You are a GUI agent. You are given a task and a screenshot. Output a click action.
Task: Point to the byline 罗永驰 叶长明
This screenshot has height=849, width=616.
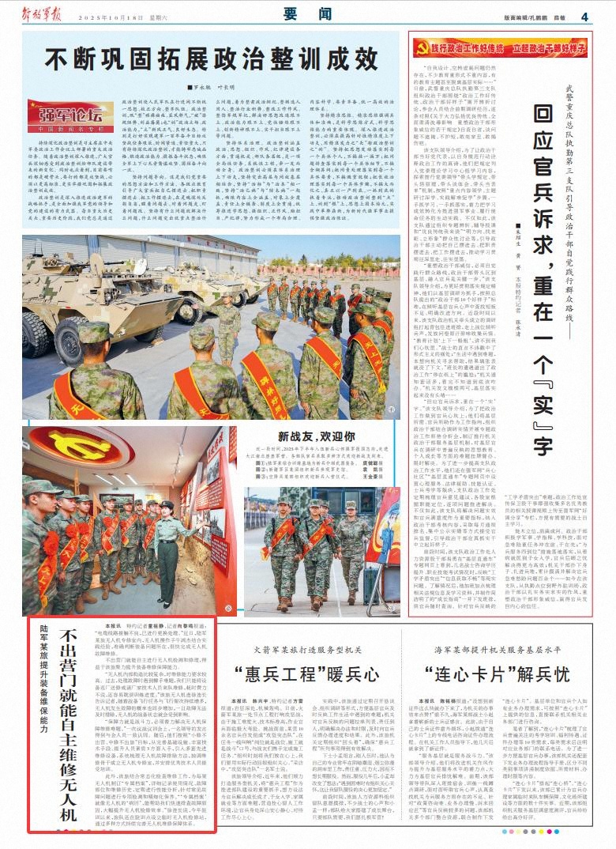(x=203, y=88)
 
